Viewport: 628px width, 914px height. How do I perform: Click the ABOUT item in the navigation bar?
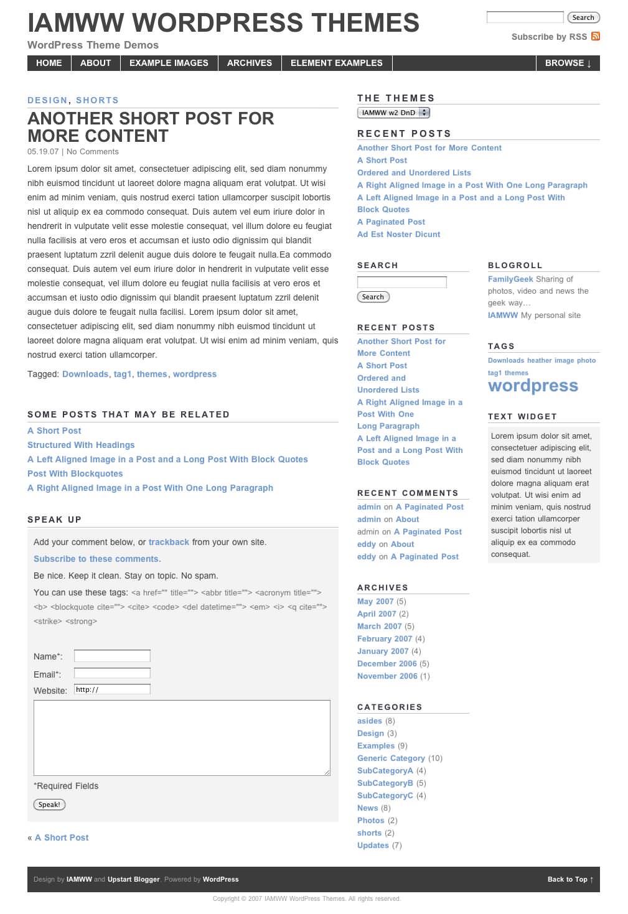(x=95, y=63)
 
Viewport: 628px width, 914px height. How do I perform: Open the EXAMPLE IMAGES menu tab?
(x=169, y=63)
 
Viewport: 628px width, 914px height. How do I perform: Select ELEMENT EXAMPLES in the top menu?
(x=336, y=63)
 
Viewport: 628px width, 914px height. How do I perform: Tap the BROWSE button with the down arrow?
(x=568, y=63)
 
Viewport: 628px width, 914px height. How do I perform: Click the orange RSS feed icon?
(x=596, y=36)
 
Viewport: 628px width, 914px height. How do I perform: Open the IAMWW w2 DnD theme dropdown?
(x=393, y=113)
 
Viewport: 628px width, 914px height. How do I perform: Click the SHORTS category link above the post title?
(x=97, y=100)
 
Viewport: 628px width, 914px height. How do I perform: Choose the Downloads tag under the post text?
(x=85, y=374)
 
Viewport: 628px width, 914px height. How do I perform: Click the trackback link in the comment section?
(x=169, y=542)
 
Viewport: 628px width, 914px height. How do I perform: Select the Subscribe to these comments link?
(x=97, y=559)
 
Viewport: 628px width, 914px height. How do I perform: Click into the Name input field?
(x=112, y=656)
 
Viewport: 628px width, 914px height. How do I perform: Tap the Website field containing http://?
(x=112, y=689)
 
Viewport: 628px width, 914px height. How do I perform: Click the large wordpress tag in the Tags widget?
(x=533, y=386)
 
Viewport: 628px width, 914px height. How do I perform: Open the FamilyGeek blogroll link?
(x=510, y=279)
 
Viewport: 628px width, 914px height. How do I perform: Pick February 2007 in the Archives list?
(x=385, y=638)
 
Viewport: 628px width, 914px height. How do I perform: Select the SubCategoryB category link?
(x=385, y=783)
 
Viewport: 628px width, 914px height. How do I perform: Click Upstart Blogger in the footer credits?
(x=133, y=879)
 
